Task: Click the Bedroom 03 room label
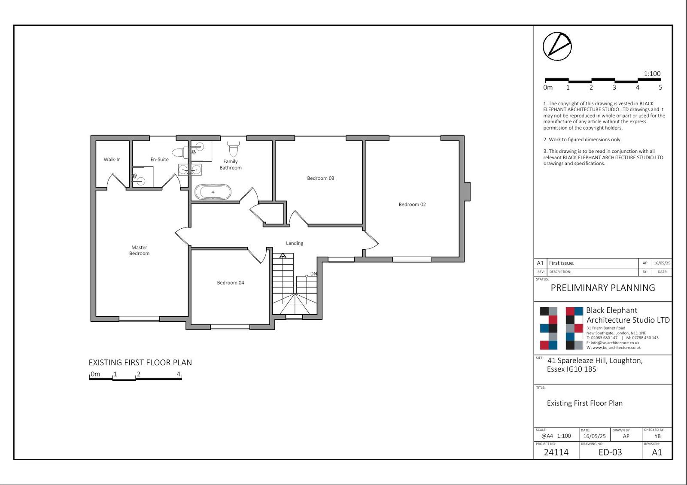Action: coord(320,178)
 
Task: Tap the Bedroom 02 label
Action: coord(412,204)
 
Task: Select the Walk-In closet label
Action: coord(112,159)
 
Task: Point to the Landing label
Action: coord(295,243)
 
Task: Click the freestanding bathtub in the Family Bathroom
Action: coord(213,192)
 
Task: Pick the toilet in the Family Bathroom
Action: coord(234,149)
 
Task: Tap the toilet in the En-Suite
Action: coord(180,152)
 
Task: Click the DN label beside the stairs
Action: coord(313,274)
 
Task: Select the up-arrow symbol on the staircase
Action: coord(283,255)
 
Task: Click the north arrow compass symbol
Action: coord(557,47)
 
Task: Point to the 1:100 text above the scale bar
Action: coord(652,73)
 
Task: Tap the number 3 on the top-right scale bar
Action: coord(614,88)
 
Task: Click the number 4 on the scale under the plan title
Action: coord(179,374)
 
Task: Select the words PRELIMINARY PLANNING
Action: coord(603,288)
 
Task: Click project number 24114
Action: coord(556,452)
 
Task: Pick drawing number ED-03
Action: coord(610,452)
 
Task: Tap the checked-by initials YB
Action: coord(657,436)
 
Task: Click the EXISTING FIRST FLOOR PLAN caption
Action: coord(140,363)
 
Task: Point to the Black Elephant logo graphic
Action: coord(561,328)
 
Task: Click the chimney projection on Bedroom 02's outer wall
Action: coord(467,191)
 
